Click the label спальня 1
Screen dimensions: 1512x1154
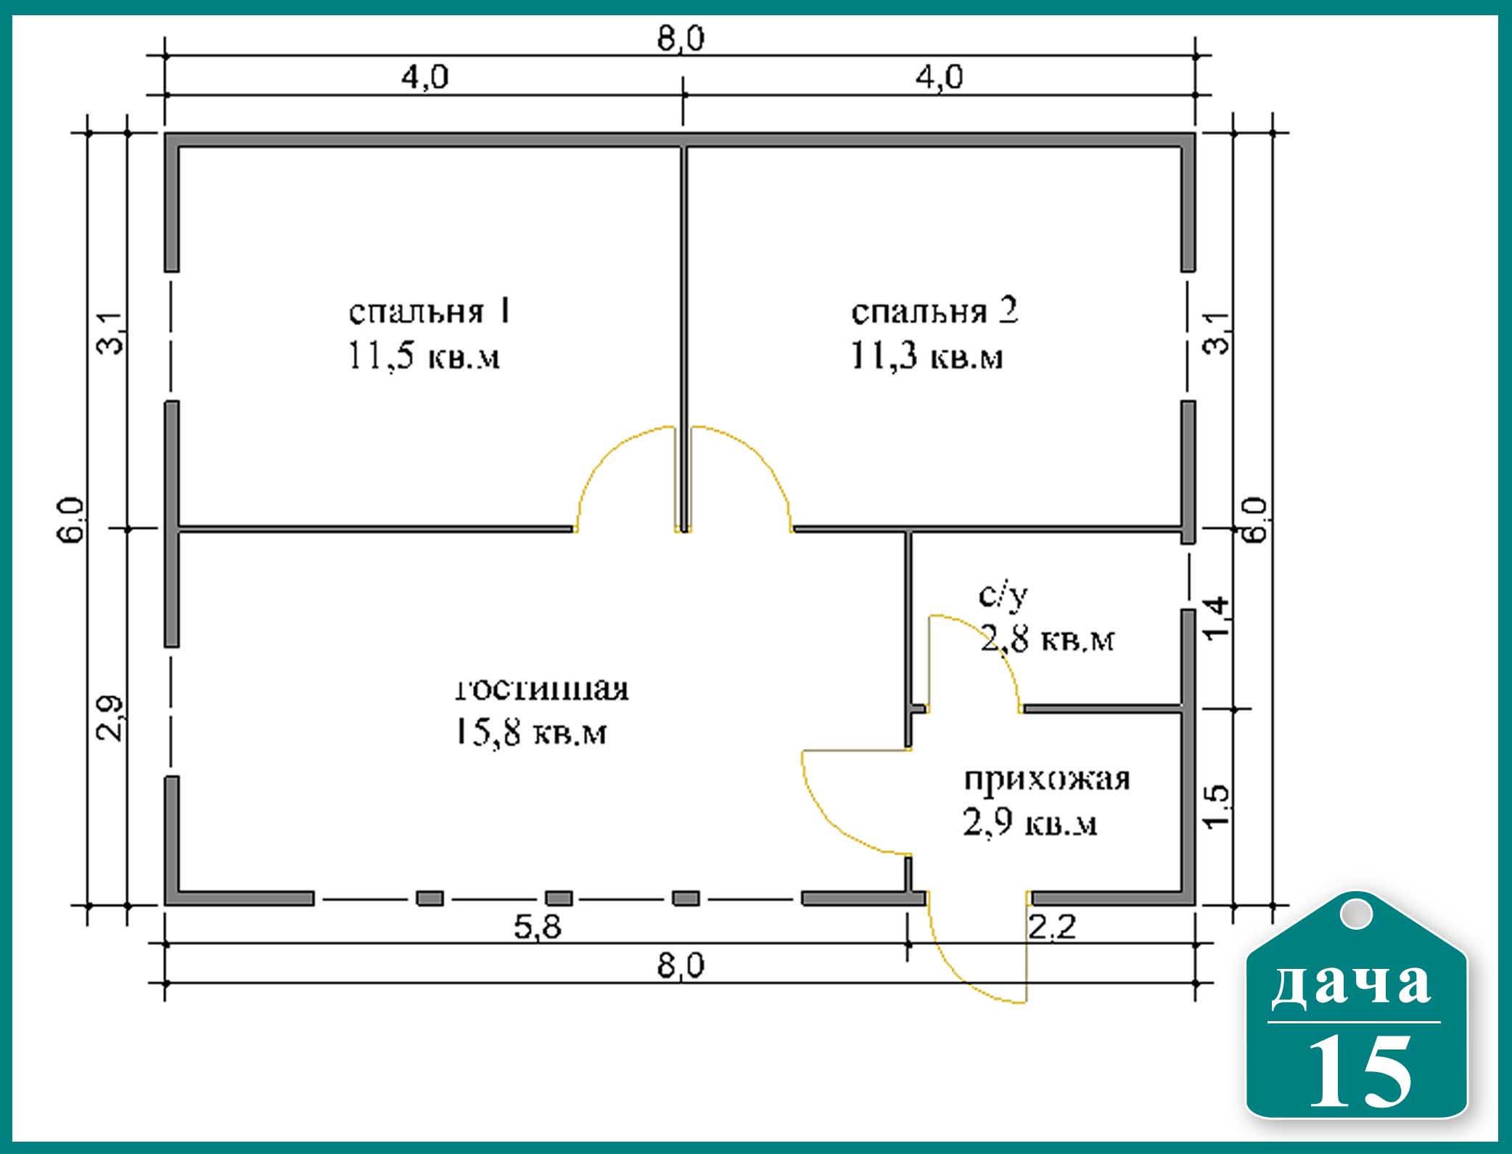[430, 311]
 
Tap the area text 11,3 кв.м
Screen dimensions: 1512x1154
[926, 356]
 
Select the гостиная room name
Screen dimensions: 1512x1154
[542, 688]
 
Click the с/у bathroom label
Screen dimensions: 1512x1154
[1003, 594]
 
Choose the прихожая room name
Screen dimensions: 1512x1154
[1047, 779]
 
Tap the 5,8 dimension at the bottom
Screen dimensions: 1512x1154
[538, 927]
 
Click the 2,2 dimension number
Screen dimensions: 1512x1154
[1053, 927]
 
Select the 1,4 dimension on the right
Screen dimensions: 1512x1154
[1217, 618]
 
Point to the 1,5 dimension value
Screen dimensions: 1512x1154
[1217, 805]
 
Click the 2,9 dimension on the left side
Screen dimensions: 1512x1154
[110, 719]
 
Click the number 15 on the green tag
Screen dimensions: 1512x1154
[1360, 1071]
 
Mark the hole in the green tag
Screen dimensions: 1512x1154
[1355, 913]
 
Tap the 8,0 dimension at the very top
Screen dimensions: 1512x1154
[681, 38]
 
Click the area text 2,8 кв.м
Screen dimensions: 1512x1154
[1047, 639]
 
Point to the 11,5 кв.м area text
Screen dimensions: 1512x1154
[424, 356]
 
